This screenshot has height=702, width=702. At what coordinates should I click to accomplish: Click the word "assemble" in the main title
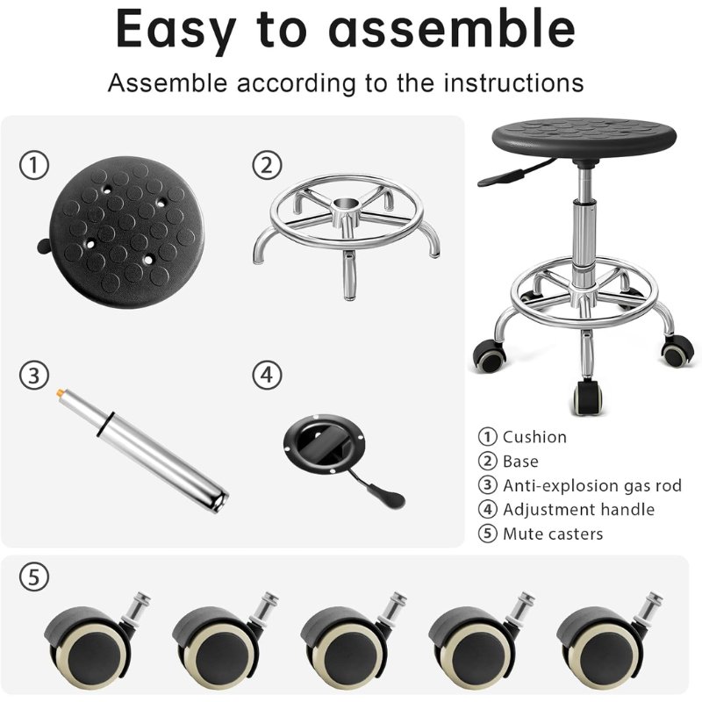point(452,29)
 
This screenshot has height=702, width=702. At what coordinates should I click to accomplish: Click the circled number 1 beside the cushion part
point(34,165)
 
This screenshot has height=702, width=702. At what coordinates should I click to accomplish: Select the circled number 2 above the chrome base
point(267,165)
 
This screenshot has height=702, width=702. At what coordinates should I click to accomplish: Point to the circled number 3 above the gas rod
point(34,376)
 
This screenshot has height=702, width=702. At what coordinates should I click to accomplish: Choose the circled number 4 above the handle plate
point(267,376)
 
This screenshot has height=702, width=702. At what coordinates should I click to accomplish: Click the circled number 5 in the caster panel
point(34,577)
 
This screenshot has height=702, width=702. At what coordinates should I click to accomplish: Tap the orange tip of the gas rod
point(61,393)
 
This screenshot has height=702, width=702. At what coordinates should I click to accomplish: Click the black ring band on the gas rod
point(104,424)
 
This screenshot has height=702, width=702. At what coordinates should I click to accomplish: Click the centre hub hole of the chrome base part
point(347,204)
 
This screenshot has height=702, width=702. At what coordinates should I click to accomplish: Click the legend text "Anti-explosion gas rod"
point(591,485)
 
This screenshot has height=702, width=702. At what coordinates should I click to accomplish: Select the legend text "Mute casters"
point(553,534)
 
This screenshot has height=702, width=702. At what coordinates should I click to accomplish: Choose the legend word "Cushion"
point(534,437)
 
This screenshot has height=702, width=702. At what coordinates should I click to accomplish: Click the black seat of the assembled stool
point(584,138)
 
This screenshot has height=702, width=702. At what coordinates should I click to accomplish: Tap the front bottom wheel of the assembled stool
point(587,397)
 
